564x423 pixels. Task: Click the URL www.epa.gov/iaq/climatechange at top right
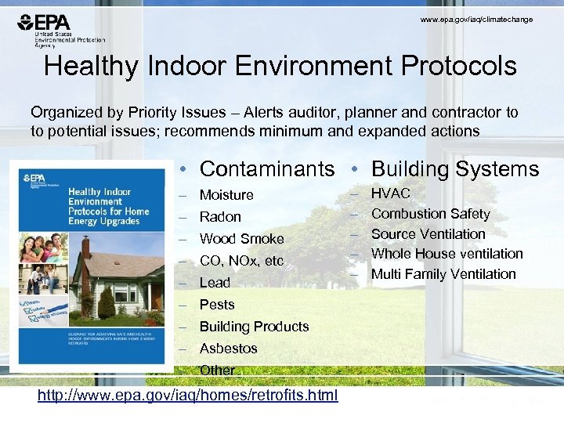coord(476,20)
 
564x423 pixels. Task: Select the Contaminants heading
coord(267,168)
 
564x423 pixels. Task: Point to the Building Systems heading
coord(455,168)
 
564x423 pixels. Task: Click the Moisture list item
coord(226,195)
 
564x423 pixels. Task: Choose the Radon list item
coord(220,217)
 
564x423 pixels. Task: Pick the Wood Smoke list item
coord(241,239)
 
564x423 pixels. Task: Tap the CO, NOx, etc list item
coord(241,261)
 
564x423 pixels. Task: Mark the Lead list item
coord(215,283)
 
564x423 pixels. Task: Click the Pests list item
coord(217,305)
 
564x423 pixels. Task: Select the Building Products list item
coord(254,327)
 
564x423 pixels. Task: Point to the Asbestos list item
coord(228,349)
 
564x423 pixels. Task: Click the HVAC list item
coord(390,193)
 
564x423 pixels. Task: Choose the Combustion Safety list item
coord(430,214)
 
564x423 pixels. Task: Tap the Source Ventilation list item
coord(428,234)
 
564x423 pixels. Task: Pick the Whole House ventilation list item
coord(446,254)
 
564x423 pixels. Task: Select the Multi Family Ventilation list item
coord(443,274)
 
